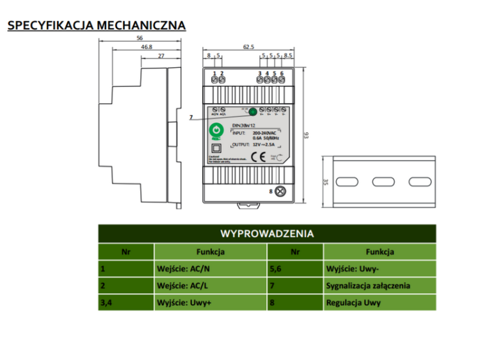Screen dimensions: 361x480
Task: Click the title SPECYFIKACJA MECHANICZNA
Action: click(96, 26)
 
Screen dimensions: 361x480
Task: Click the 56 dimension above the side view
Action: click(140, 39)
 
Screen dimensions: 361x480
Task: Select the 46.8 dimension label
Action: click(147, 47)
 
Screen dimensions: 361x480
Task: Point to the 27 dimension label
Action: click(161, 56)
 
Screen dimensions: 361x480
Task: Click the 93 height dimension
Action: click(307, 135)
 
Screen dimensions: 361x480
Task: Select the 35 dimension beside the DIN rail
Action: click(326, 181)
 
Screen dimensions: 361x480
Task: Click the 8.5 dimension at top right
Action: click(288, 56)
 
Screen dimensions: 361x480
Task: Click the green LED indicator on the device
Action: click(253, 111)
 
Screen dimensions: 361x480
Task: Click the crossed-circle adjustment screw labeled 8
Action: click(280, 191)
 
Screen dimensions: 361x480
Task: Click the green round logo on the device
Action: click(216, 131)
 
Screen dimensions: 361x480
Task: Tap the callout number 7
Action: click(191, 117)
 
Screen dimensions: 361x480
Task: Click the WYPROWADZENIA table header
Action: click(267, 233)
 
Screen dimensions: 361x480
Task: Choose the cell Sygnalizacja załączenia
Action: click(368, 285)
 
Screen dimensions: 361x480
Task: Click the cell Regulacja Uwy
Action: click(353, 302)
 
